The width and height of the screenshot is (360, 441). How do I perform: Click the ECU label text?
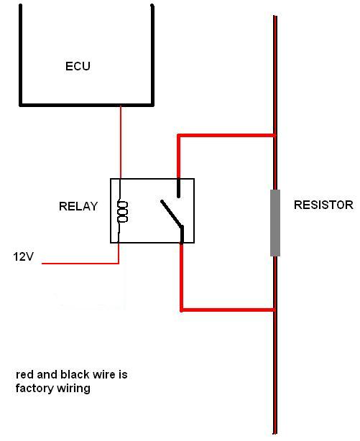point(78,66)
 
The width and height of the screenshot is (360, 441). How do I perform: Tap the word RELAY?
point(78,206)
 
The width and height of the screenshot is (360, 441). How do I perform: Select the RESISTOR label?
point(323,205)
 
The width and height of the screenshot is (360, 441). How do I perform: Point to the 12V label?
point(24,256)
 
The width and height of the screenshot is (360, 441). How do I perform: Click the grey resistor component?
point(275,223)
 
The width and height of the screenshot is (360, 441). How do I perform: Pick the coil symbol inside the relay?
point(122,212)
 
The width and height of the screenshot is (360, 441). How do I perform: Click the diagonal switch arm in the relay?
point(172,213)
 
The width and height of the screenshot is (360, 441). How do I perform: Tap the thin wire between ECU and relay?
point(121,142)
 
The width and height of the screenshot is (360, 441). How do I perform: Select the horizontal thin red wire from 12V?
point(80,264)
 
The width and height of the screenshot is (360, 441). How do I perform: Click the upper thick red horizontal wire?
point(226,136)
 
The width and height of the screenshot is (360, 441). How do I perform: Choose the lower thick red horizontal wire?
point(228,310)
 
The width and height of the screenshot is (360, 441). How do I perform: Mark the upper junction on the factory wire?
point(275,136)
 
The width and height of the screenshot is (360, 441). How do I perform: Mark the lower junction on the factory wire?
point(275,310)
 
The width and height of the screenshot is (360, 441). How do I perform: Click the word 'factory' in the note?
point(34,389)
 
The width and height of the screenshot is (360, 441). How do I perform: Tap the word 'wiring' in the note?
point(73,389)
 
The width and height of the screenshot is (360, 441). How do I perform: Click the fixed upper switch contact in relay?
point(178,187)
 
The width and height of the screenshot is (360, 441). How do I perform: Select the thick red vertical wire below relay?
point(182,277)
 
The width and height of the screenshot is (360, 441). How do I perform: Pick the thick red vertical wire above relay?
point(179,157)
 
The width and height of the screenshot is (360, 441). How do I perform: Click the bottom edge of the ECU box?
point(86,105)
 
